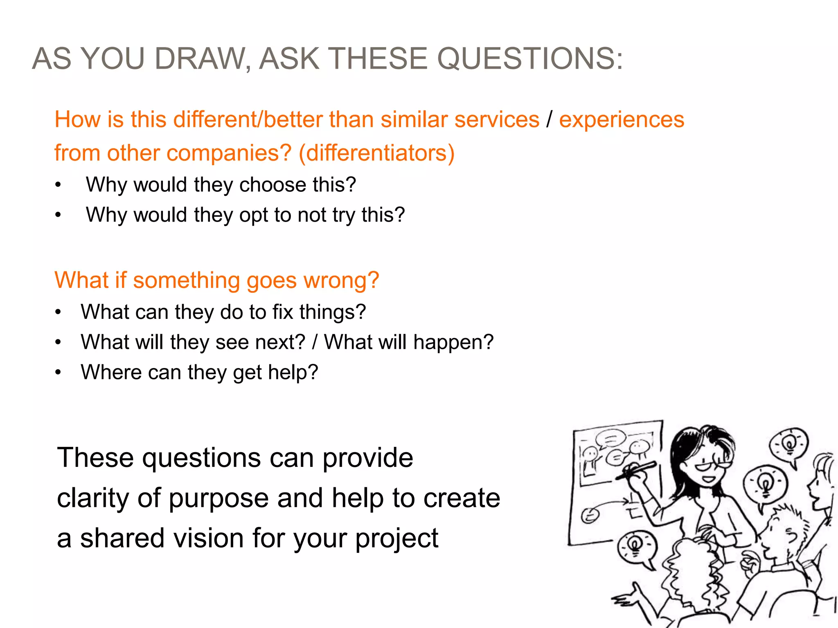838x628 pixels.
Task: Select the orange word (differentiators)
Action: tap(376, 153)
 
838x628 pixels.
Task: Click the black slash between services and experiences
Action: tap(549, 120)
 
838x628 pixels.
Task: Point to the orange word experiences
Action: tap(622, 120)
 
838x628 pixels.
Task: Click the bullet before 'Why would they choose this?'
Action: tap(59, 185)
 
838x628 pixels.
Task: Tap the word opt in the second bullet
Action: tap(253, 215)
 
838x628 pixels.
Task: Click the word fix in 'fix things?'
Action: tap(283, 312)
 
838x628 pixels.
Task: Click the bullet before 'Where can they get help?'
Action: tap(59, 372)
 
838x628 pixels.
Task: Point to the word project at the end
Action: tap(396, 539)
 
